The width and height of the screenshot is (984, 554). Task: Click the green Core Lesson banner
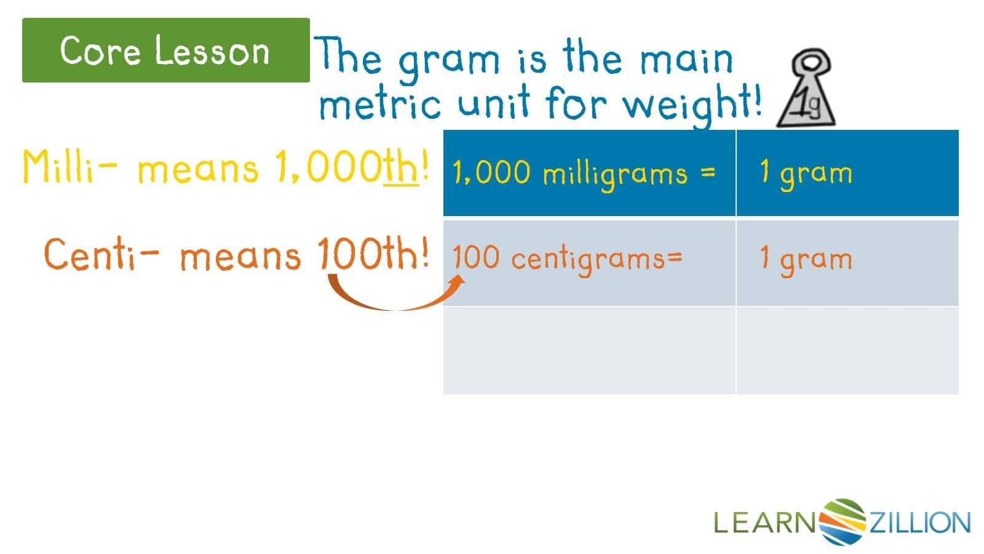click(x=165, y=50)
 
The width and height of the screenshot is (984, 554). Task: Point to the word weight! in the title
click(x=692, y=105)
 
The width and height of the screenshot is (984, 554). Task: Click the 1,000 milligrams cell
click(x=589, y=173)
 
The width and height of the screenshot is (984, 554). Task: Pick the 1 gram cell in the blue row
click(x=847, y=173)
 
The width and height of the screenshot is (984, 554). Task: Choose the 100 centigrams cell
click(x=589, y=262)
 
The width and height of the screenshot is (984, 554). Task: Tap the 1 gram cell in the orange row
click(x=847, y=262)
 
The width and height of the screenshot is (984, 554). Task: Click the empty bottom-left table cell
click(x=589, y=350)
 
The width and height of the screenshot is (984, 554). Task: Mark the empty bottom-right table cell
click(x=847, y=350)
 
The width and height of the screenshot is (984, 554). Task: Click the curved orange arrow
click(x=394, y=295)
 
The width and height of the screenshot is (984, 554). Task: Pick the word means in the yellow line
click(x=198, y=169)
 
